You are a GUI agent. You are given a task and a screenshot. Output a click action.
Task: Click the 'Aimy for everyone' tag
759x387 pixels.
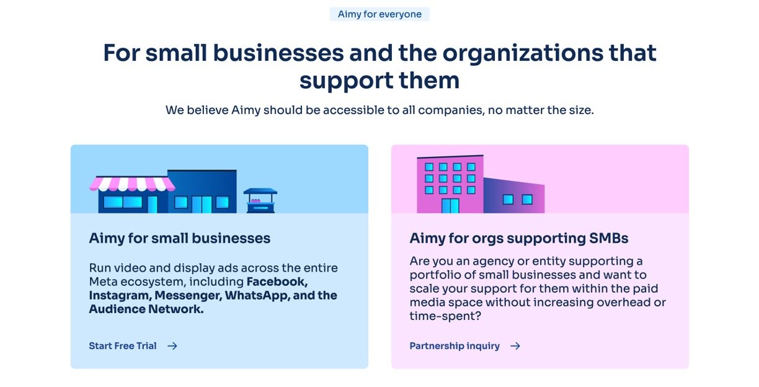coord(379,14)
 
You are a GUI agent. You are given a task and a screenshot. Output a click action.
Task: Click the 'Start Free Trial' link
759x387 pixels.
coord(123,345)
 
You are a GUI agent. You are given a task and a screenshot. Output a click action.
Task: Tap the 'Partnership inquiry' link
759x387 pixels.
coord(455,346)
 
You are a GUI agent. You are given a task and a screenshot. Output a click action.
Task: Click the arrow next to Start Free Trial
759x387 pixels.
coord(172,346)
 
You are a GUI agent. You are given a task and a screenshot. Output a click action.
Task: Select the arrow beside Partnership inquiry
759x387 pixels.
coord(515,346)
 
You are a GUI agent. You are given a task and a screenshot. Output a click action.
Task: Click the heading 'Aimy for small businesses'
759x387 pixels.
coord(180,238)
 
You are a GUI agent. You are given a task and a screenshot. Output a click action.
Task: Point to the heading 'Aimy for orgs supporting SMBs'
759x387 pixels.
coord(519,239)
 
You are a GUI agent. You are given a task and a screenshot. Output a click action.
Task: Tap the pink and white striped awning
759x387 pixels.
coord(132,184)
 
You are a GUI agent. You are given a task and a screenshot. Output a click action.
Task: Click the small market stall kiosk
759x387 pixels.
coord(260,200)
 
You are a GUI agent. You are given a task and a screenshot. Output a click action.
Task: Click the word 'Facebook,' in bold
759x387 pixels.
coord(277,282)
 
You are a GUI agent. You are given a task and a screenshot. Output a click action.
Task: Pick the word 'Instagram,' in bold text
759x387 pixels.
coord(120,296)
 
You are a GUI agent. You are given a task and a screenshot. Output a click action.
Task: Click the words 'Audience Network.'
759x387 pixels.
coord(146,309)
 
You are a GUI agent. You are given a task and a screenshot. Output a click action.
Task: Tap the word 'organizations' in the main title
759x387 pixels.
coord(523,53)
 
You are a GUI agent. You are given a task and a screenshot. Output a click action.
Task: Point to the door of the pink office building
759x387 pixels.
coord(450,206)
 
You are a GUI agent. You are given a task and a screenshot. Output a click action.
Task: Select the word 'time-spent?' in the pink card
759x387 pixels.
coord(445,316)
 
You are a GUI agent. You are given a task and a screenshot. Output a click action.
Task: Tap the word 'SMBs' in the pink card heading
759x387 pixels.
coord(608,238)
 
